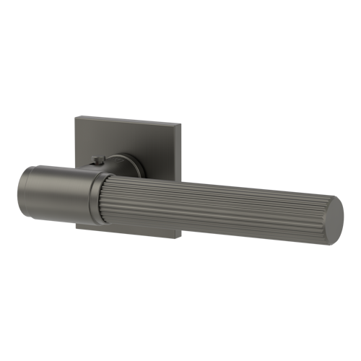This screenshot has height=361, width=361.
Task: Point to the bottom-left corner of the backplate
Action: pyautogui.click(x=74, y=226)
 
